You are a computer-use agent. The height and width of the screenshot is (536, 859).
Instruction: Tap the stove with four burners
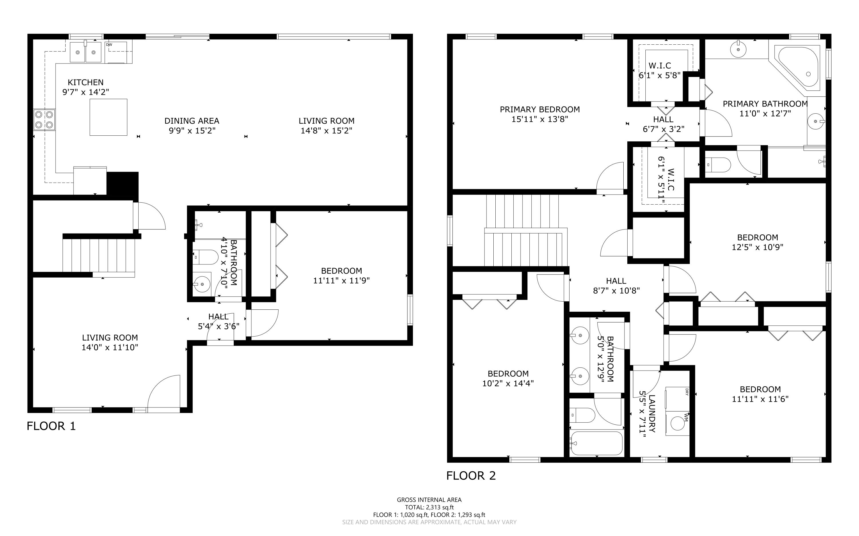44,120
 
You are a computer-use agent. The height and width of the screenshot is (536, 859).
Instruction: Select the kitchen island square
108,117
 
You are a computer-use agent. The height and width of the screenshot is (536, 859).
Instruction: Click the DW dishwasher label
109,45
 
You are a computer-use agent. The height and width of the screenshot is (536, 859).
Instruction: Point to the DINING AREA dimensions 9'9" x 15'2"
192,131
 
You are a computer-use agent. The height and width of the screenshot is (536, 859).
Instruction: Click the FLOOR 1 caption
52,426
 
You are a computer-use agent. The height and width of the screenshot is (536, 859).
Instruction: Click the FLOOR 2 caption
471,476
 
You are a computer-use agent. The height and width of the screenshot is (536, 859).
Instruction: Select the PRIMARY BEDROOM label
539,110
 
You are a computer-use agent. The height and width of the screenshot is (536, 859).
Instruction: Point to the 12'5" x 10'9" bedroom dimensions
757,247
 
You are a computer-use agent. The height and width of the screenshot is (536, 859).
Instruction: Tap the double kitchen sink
86,52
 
